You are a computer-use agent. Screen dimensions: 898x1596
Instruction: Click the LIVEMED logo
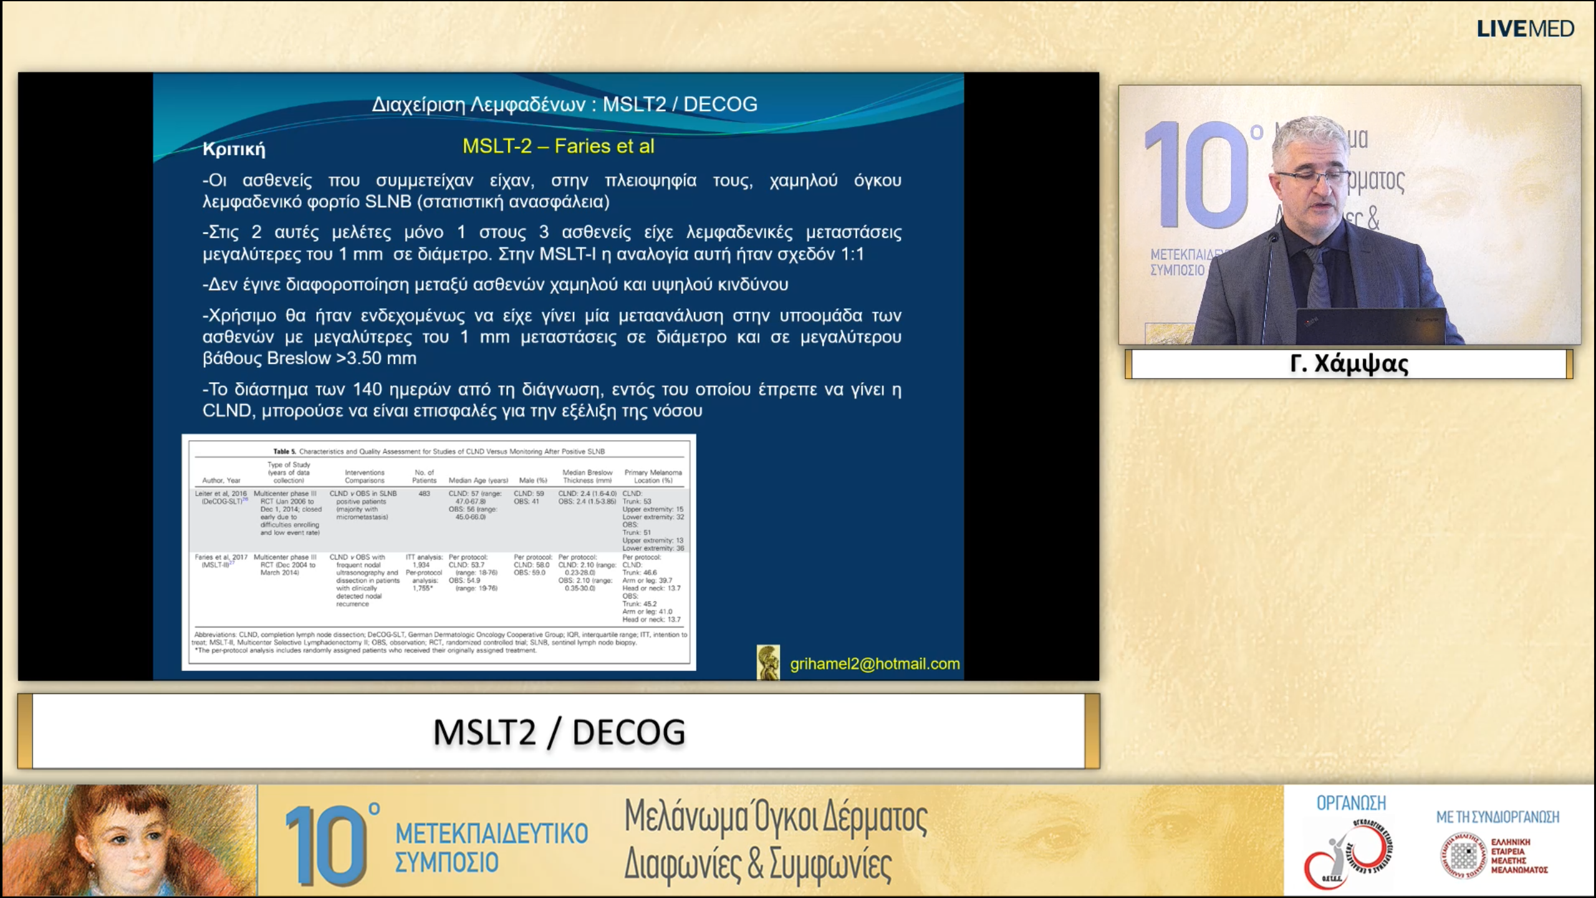pos(1525,29)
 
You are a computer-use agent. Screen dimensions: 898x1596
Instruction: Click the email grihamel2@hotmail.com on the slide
pos(875,664)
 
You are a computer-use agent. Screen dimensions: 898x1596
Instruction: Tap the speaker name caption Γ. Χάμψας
pos(1349,364)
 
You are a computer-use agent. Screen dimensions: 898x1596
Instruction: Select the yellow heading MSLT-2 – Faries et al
pos(558,146)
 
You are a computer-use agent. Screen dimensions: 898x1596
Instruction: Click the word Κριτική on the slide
pos(234,149)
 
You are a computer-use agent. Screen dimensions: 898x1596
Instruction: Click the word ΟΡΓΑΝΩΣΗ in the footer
pos(1351,803)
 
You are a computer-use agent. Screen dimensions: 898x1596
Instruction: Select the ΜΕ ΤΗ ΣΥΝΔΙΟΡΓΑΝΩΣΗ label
pos(1497,816)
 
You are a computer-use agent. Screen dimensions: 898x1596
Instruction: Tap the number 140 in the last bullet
pos(367,390)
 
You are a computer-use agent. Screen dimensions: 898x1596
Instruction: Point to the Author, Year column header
pos(221,480)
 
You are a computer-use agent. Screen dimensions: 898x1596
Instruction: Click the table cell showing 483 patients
pos(424,493)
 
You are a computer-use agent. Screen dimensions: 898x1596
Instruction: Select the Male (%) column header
pos(532,480)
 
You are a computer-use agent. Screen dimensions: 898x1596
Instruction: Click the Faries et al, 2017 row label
pos(221,558)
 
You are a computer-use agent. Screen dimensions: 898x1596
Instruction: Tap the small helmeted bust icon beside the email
pos(768,662)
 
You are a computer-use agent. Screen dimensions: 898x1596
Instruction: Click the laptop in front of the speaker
pos(1371,325)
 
